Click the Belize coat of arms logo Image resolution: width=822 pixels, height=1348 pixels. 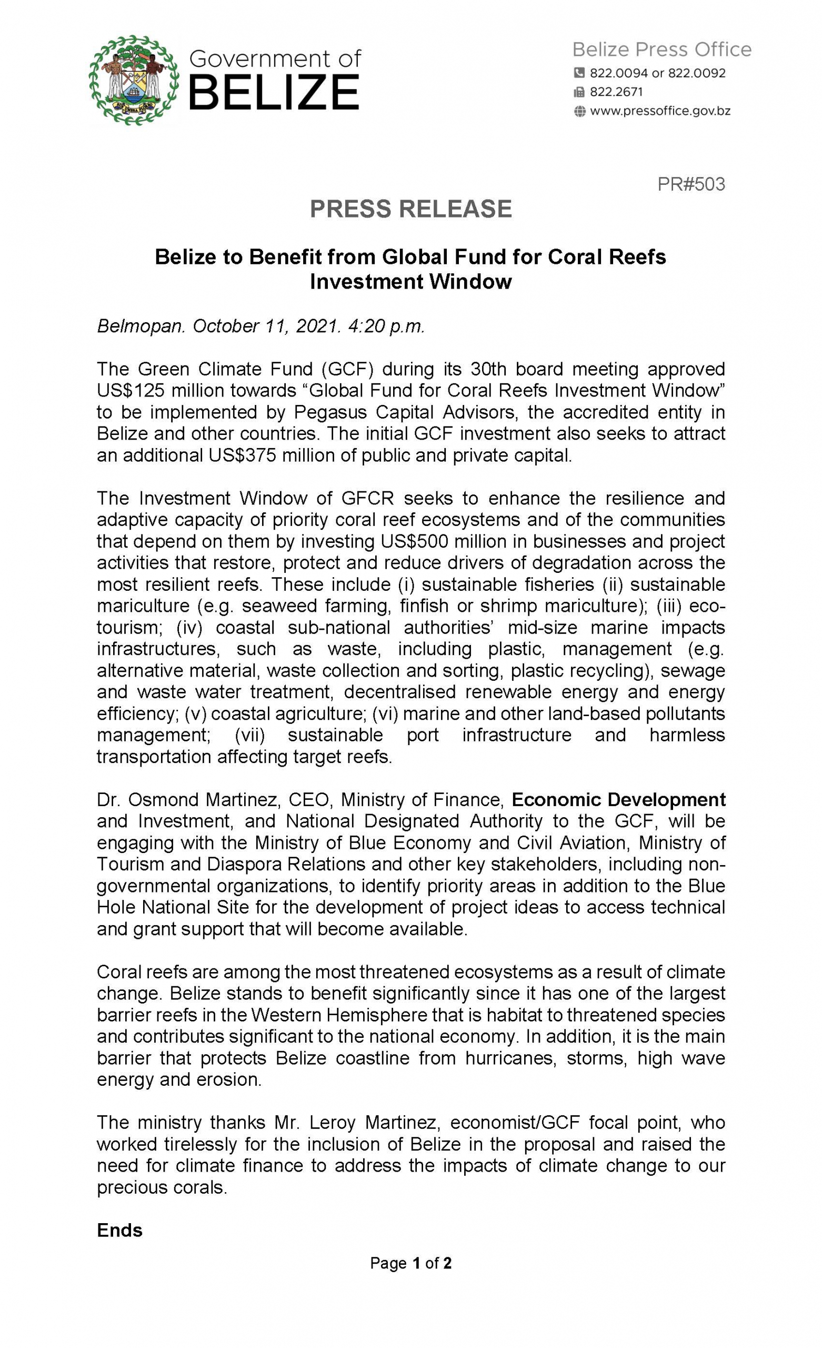point(134,81)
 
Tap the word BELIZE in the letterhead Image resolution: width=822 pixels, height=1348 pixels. point(274,93)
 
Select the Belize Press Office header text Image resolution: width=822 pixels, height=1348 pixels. point(661,50)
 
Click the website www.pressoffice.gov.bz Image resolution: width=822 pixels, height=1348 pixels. point(659,111)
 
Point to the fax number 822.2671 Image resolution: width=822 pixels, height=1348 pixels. point(616,92)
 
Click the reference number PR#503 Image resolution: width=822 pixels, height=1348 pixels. point(691,184)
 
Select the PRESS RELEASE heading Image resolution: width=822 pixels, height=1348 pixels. point(410,209)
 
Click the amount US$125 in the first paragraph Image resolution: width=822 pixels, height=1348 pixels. point(131,391)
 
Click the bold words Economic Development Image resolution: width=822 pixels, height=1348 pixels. point(618,800)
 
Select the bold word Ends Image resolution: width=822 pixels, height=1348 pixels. point(120,1230)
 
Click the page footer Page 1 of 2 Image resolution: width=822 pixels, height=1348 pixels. point(410,1263)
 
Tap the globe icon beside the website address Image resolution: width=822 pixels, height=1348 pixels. point(579,112)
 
